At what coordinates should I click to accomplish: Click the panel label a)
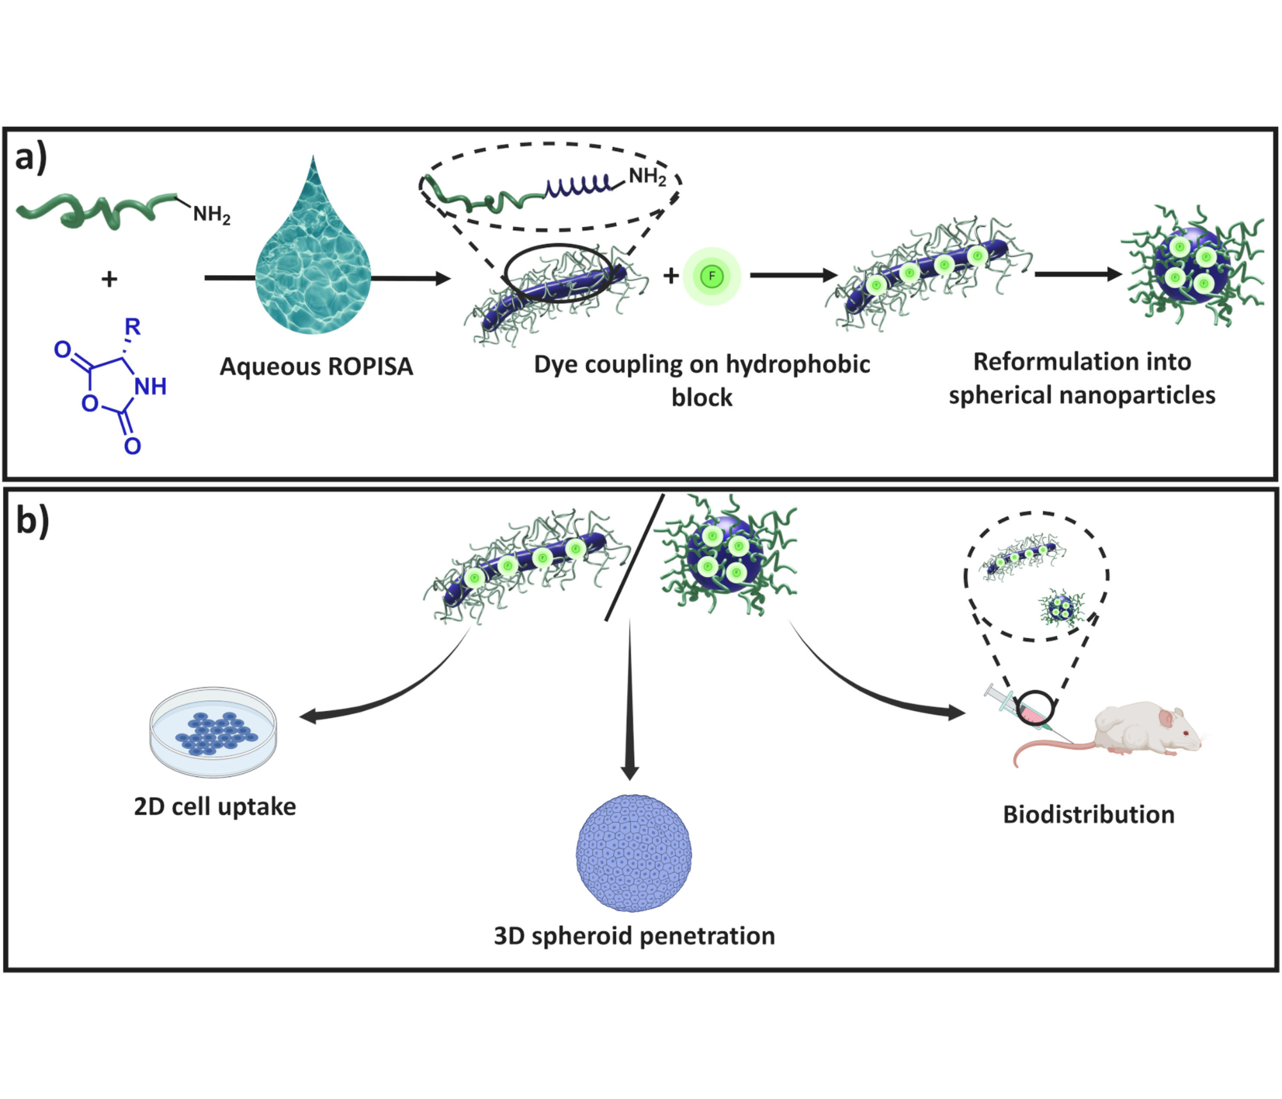click(x=31, y=157)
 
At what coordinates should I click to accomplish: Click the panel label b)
click(x=32, y=521)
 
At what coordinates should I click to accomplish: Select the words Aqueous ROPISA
click(x=316, y=367)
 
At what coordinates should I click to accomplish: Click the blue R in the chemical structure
click(x=132, y=327)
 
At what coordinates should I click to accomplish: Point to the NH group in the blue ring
click(x=150, y=386)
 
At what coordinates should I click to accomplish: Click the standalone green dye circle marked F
click(x=712, y=276)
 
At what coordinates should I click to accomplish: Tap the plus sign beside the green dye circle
click(x=670, y=276)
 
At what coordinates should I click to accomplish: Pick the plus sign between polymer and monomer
click(x=110, y=279)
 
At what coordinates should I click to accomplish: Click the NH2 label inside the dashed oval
click(x=647, y=176)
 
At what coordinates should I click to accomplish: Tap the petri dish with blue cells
click(x=213, y=732)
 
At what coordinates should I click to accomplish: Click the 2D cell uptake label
click(x=215, y=807)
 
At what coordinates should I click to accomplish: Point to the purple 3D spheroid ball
click(x=634, y=853)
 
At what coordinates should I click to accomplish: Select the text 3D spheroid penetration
click(x=634, y=935)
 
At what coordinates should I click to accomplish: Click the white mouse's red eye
click(x=1186, y=733)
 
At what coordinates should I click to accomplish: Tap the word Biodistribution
click(x=1088, y=814)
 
